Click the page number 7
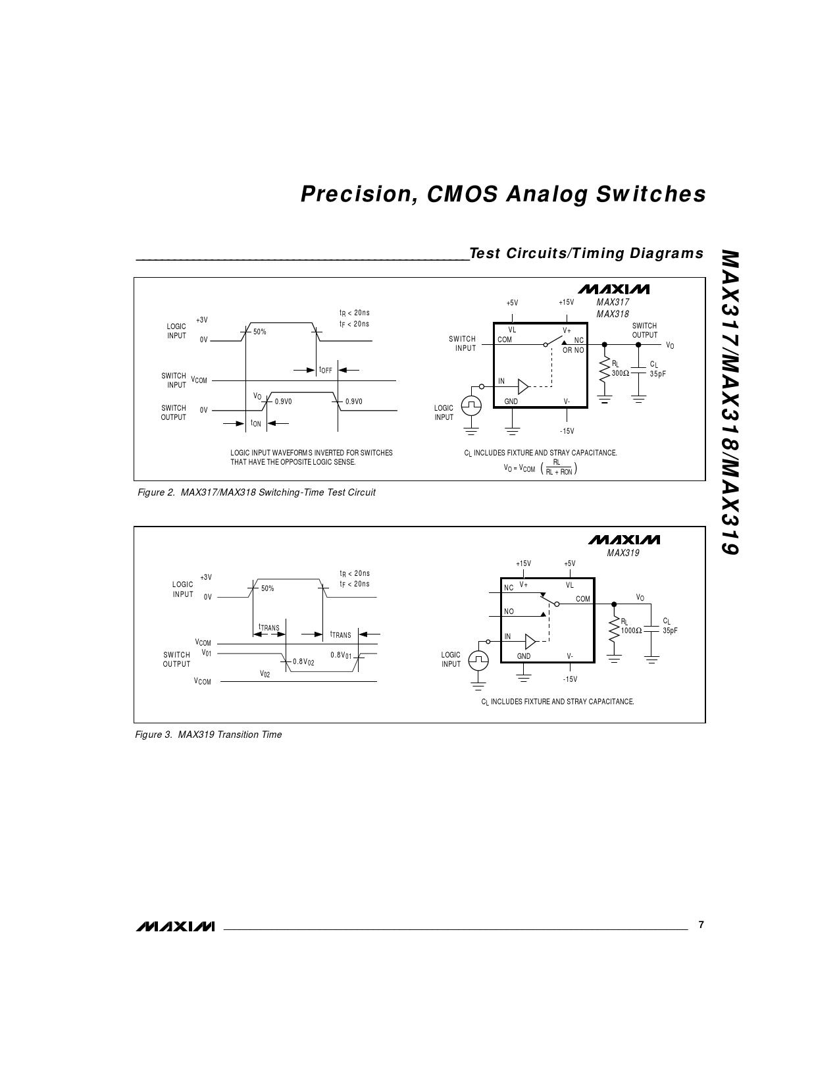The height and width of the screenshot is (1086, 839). (701, 925)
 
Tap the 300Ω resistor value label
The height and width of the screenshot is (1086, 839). (620, 373)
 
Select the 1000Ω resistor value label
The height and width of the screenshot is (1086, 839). (631, 630)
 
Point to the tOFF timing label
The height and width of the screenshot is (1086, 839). (326, 370)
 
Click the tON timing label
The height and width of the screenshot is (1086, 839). (256, 424)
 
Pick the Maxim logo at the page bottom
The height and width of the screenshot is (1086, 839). (175, 926)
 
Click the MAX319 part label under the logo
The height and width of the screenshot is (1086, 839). (623, 553)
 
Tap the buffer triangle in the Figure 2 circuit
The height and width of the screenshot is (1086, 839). (523, 386)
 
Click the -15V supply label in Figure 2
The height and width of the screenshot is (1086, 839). (567, 431)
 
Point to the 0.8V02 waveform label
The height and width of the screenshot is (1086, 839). (303, 661)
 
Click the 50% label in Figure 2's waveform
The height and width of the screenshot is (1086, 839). (260, 332)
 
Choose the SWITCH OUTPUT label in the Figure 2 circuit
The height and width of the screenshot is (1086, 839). (644, 330)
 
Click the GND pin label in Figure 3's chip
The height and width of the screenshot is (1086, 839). (524, 656)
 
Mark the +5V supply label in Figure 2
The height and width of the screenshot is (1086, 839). (512, 303)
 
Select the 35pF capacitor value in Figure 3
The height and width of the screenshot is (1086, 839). (670, 631)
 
